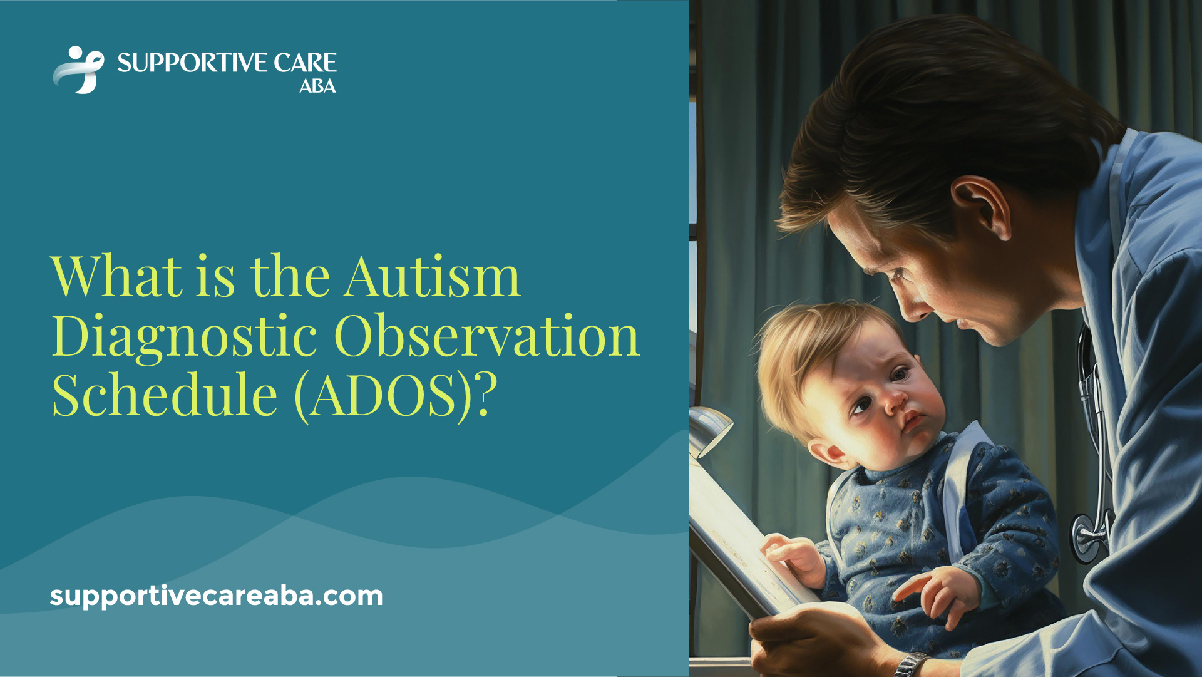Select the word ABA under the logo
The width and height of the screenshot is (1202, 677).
317,86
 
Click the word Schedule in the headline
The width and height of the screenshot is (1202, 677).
165,395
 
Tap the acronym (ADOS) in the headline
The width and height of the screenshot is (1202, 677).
383,395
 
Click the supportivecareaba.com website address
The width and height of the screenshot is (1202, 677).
216,595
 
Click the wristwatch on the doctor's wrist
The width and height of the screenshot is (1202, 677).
912,664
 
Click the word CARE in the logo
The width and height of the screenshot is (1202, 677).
305,63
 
